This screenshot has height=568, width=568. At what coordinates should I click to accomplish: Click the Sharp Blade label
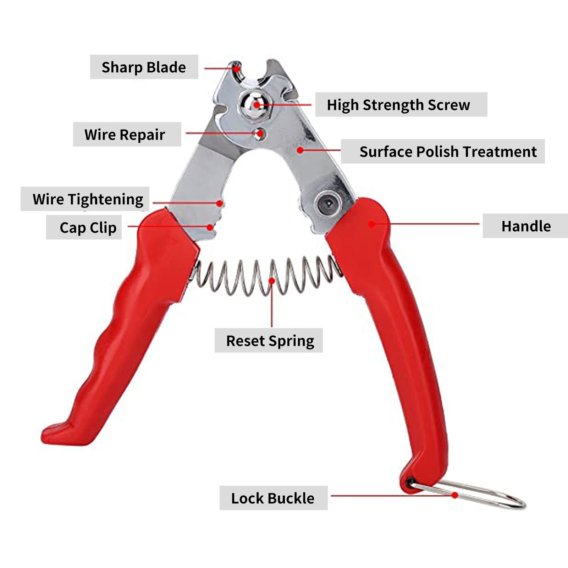click(x=144, y=67)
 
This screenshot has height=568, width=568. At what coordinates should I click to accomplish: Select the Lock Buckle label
click(x=273, y=498)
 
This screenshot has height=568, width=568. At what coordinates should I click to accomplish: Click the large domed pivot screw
click(x=253, y=104)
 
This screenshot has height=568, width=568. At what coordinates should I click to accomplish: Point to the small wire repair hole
click(x=260, y=133)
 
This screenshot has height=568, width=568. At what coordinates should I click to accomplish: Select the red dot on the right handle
click(x=371, y=224)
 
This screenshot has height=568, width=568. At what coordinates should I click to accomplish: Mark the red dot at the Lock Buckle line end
click(x=454, y=495)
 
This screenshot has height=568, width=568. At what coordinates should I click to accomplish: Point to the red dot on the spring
click(x=272, y=281)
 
